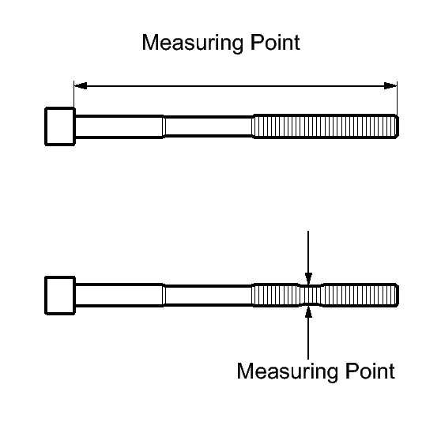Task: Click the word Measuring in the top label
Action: (x=193, y=43)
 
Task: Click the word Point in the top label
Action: (x=275, y=43)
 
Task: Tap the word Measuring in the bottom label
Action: (x=287, y=371)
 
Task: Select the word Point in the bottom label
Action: (x=370, y=371)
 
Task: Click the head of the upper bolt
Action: (x=60, y=126)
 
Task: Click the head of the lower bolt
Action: (x=60, y=296)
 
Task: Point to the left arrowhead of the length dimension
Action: (x=81, y=86)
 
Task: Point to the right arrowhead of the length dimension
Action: (x=390, y=86)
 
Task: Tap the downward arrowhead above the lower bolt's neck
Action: (x=308, y=278)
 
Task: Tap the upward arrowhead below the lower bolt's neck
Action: (x=308, y=312)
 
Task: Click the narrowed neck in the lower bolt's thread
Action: (x=311, y=296)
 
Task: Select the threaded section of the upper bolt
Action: (x=326, y=126)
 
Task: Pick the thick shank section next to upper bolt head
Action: (x=119, y=126)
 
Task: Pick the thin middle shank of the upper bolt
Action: (x=208, y=126)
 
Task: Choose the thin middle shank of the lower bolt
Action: (x=208, y=296)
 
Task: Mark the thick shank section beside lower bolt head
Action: (x=119, y=296)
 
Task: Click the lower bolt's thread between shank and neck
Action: (x=275, y=296)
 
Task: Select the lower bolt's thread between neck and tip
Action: (x=360, y=296)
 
